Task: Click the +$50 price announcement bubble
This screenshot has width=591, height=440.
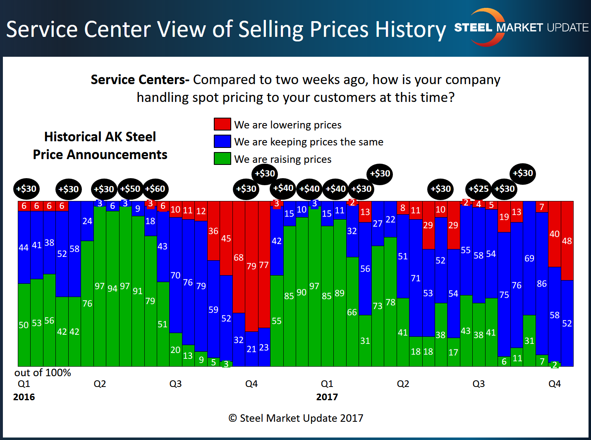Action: [x=130, y=189]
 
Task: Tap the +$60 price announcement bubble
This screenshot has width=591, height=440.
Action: [x=155, y=189]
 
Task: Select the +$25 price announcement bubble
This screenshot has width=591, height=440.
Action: [x=479, y=189]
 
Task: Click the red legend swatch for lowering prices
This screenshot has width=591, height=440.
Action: [x=222, y=124]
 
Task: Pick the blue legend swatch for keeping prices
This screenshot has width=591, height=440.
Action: [x=222, y=141]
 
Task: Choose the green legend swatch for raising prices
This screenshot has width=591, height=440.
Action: [x=222, y=159]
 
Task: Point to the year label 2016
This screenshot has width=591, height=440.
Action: [x=24, y=397]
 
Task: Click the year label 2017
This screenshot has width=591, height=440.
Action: [x=327, y=397]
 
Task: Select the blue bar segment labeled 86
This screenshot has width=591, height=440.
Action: [x=542, y=283]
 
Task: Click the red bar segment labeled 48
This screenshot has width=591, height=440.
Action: [x=567, y=241]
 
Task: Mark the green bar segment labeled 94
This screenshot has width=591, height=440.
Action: [x=112, y=288]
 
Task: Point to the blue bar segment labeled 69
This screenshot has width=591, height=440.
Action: [x=529, y=258]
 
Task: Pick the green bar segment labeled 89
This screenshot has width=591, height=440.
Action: [x=340, y=293]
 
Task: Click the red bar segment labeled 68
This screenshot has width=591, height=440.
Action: [x=239, y=257]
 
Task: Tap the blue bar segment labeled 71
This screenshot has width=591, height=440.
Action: [x=416, y=278]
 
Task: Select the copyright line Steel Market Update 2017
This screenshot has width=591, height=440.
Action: [x=296, y=418]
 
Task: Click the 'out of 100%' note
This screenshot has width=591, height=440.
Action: [x=43, y=372]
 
